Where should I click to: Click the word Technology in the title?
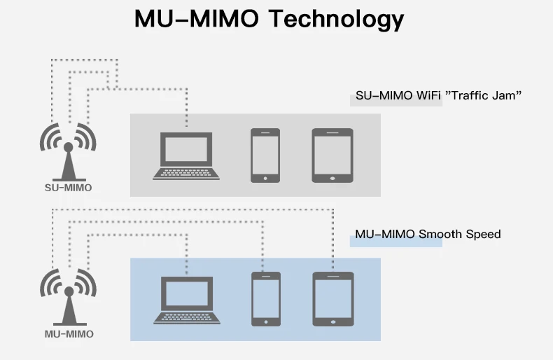(337, 20)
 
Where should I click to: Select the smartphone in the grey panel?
(265, 155)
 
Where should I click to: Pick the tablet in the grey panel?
(332, 155)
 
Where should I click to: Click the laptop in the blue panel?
(186, 300)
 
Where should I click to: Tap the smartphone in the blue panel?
(265, 299)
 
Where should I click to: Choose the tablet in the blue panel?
(332, 299)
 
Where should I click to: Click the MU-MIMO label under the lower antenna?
(69, 334)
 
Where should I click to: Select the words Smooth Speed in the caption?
(460, 234)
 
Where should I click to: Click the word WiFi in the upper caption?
(426, 95)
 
